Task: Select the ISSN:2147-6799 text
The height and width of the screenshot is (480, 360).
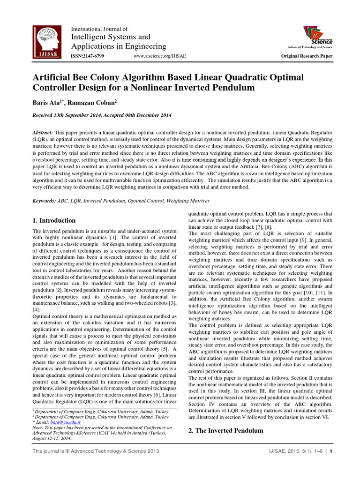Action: point(87,56)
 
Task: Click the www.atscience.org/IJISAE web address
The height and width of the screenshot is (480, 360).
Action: point(159,56)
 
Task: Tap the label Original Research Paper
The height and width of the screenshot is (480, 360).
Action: point(307,56)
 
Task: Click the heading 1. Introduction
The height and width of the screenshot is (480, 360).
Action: point(53,220)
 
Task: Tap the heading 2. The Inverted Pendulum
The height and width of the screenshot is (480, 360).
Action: point(226,430)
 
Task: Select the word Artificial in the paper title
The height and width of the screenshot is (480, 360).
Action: point(52,77)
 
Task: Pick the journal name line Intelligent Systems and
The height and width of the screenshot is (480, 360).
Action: point(111,37)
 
